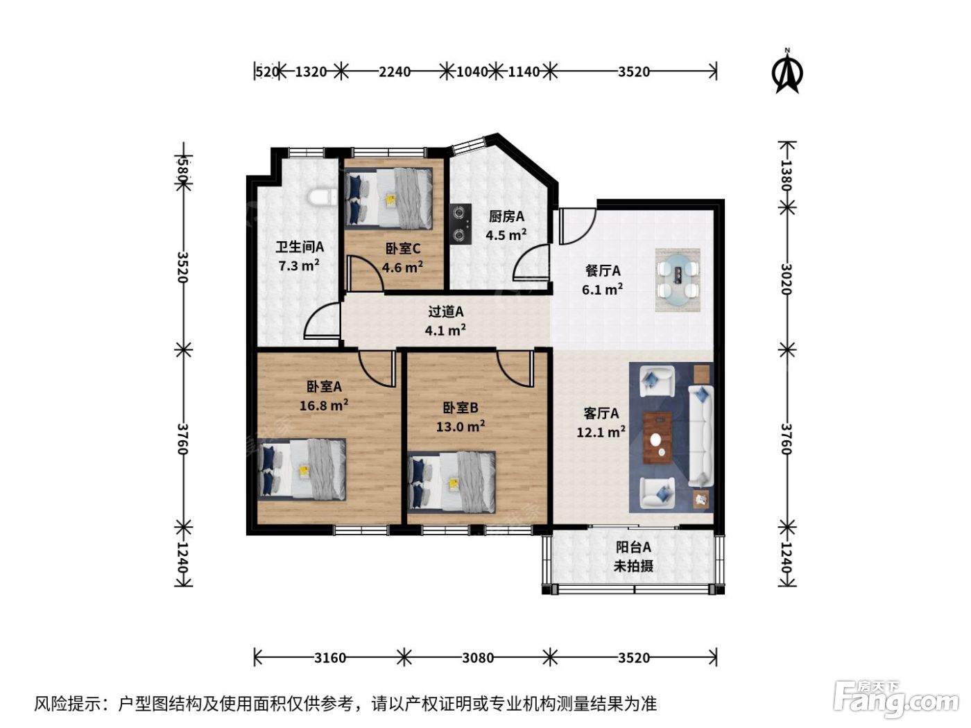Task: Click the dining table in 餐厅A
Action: click(678, 279)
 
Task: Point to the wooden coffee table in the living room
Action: click(658, 437)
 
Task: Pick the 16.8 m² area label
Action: click(324, 405)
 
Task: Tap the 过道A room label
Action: click(445, 311)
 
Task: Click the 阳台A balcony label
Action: click(633, 547)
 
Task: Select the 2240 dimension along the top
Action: click(394, 71)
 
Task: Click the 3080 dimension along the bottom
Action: click(478, 658)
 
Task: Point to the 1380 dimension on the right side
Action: click(786, 175)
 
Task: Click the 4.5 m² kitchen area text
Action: click(506, 234)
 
